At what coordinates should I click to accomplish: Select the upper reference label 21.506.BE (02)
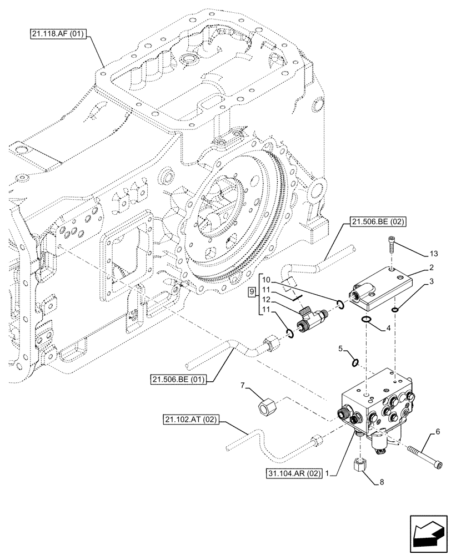click(x=378, y=223)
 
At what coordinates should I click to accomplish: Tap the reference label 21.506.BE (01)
click(x=178, y=380)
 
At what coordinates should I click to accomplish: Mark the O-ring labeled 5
click(x=355, y=362)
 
